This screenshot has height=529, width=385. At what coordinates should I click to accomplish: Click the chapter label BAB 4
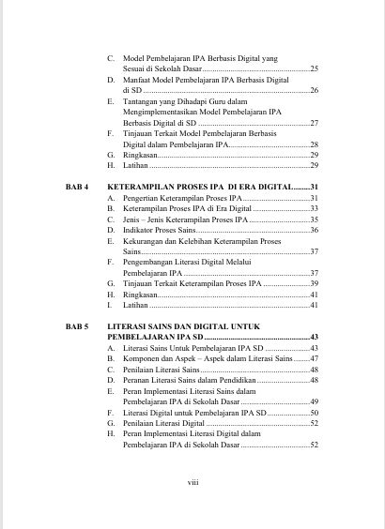pos(76,188)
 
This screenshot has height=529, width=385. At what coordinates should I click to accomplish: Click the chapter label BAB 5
pos(76,325)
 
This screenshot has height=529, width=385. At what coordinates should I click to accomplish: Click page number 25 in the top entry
pos(314,68)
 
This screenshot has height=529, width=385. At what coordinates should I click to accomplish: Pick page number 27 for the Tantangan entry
pos(314,123)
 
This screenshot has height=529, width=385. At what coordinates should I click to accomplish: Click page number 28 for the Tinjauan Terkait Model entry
pos(314,144)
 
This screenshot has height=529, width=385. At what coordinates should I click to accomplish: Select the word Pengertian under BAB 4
pos(143,199)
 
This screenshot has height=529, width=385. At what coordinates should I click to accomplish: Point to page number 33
pos(314,208)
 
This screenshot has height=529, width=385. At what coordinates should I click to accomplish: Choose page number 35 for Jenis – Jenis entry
pos(314,219)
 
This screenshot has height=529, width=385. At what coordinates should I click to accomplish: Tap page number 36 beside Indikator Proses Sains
pos(314,230)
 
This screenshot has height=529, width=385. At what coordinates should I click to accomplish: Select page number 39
pos(314,283)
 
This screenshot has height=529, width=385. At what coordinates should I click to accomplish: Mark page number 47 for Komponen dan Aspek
pos(314,359)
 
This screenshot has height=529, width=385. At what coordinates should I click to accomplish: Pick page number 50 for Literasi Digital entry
pos(314,413)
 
